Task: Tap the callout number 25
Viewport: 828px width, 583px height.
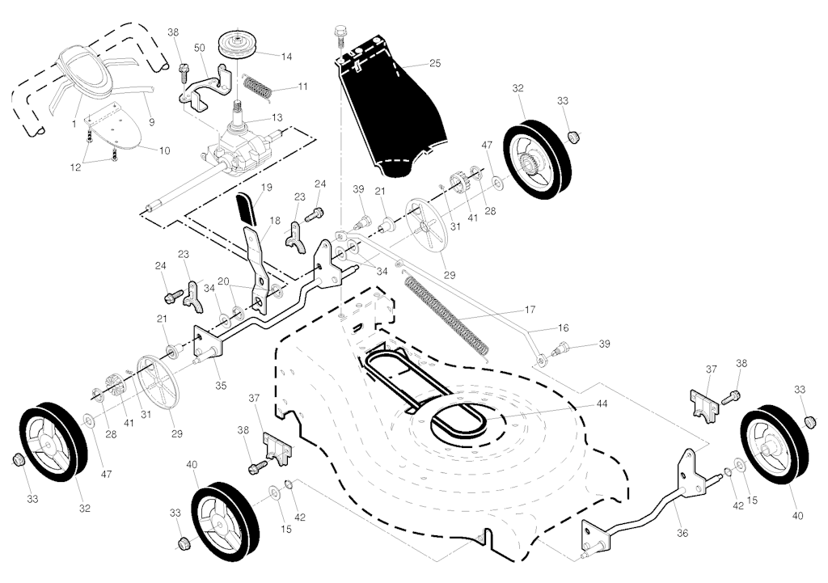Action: tap(435, 62)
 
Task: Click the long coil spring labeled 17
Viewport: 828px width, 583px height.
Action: tap(447, 315)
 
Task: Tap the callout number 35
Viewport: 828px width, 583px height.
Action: tap(220, 386)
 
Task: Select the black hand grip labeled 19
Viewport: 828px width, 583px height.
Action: tap(246, 209)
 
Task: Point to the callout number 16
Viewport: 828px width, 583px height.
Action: tap(563, 329)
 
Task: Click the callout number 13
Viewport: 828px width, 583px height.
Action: tap(277, 117)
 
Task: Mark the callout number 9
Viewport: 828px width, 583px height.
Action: tap(152, 122)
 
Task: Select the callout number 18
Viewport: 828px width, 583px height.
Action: tap(275, 220)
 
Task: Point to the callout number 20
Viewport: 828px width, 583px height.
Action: tap(223, 282)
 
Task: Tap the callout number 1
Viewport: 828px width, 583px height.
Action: tap(74, 123)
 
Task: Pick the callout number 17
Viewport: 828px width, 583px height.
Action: tap(530, 309)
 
